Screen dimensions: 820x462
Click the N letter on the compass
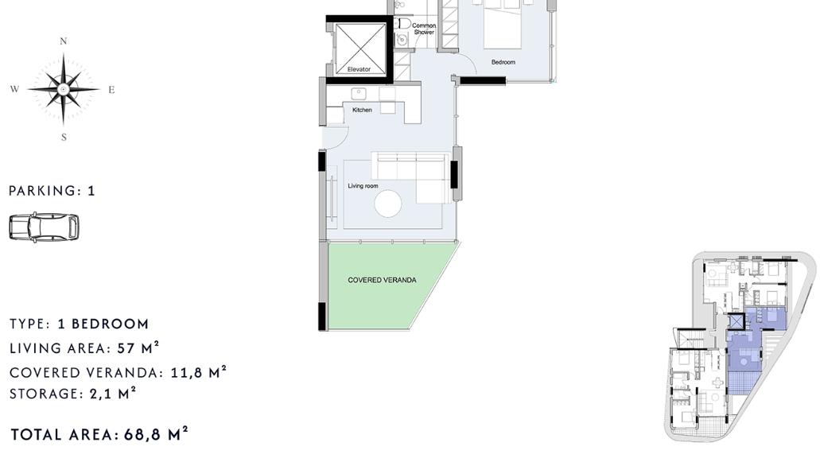64,41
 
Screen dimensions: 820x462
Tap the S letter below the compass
64,138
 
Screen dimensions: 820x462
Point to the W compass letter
14,89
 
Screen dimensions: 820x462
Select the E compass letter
111,90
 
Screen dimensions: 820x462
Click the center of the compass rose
64,89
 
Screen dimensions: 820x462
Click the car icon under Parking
44,227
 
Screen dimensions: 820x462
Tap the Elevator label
359,69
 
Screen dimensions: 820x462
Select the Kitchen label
362,110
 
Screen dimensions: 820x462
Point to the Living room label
363,186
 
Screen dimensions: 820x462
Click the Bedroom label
503,62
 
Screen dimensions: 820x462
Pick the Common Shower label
424,29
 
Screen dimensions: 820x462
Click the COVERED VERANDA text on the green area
383,280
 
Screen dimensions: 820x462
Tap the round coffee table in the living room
388,204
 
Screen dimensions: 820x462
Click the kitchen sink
359,94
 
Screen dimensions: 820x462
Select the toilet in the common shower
403,24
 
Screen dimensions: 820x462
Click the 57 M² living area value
138,348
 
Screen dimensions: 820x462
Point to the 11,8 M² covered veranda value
199,372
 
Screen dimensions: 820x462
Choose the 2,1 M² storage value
112,394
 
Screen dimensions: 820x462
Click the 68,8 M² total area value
156,434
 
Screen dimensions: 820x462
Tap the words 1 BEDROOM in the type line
103,324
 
